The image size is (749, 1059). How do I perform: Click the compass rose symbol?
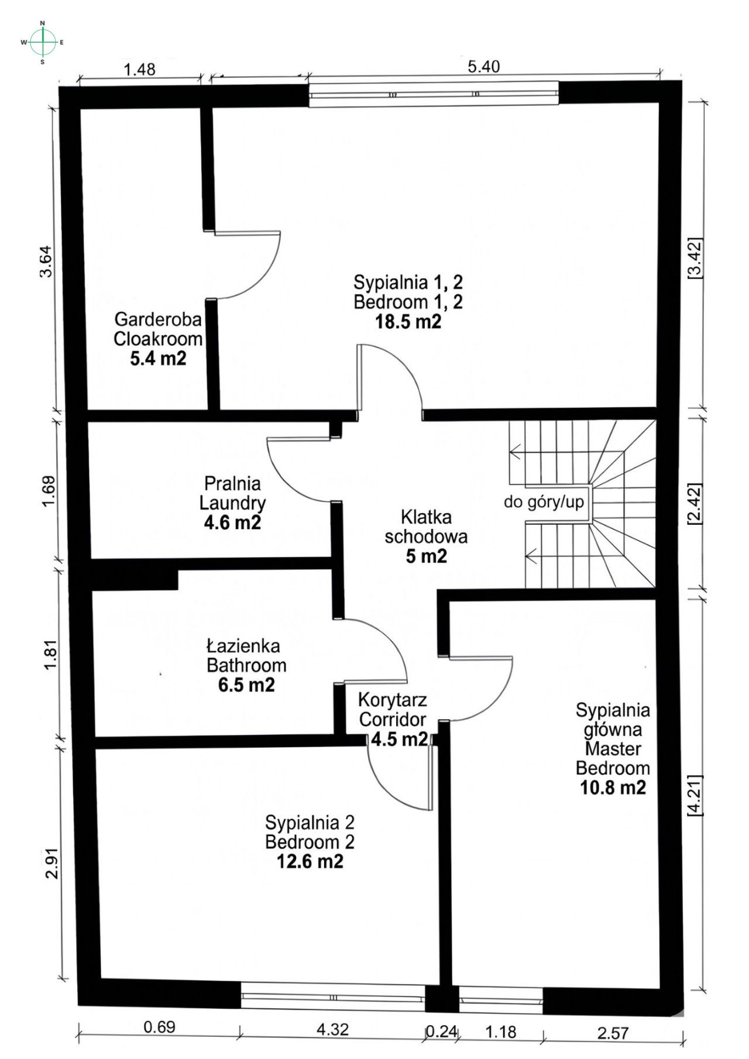click(43, 42)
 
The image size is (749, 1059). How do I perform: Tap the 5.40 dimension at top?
click(483, 67)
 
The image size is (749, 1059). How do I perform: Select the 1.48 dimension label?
click(139, 70)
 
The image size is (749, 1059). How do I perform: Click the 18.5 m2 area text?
click(408, 322)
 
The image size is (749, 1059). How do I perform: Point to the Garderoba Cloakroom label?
click(158, 329)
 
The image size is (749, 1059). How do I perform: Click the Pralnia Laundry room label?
click(232, 493)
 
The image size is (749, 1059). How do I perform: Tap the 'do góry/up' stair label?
click(544, 502)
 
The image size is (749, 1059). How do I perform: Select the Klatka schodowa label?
click(425, 527)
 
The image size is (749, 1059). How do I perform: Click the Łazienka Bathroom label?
click(246, 655)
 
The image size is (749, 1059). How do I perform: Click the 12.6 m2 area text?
click(310, 861)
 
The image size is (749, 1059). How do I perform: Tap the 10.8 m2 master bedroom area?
click(613, 788)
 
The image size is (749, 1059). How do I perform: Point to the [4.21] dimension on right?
click(694, 796)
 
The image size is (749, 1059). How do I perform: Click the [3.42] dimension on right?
click(694, 258)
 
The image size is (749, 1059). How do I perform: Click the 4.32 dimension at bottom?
click(332, 1029)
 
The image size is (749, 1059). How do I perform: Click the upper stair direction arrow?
click(516, 451)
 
